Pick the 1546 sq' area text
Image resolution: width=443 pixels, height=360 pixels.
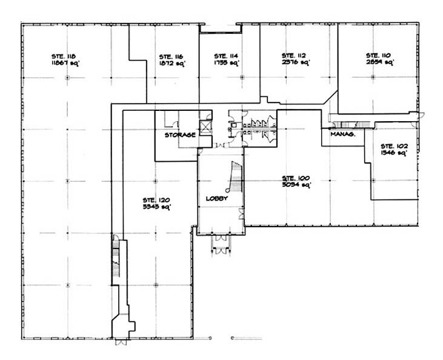[x=391, y=153]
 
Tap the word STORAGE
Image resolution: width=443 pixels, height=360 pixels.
[x=180, y=135]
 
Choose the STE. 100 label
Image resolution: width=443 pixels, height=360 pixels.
[x=296, y=178]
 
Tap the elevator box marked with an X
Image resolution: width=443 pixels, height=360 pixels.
[x=205, y=127]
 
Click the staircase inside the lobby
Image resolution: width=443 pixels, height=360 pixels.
[x=234, y=176]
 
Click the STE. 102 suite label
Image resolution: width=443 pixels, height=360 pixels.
[x=392, y=146]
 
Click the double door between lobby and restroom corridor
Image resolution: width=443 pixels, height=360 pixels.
[x=220, y=145]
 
